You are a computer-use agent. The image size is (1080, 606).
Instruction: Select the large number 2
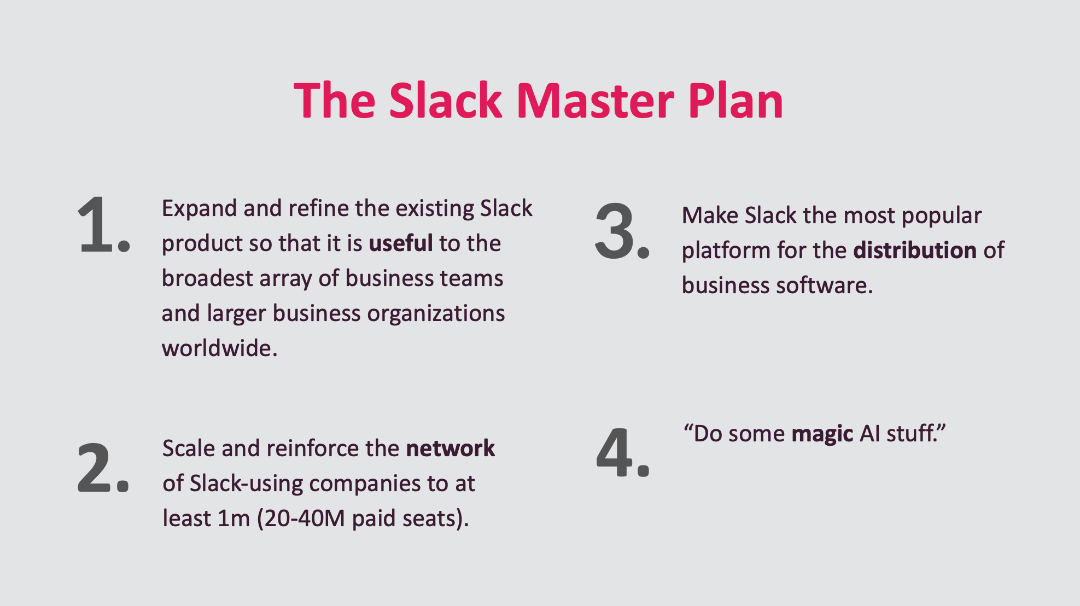96,468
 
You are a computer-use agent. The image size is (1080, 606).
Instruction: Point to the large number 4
615,453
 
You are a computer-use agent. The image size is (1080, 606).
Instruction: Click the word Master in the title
595,101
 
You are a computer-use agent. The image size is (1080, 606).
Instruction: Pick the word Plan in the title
735,101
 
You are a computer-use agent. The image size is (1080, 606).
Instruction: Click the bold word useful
401,243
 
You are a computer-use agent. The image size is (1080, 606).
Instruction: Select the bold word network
450,448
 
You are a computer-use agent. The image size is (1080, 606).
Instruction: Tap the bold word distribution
915,250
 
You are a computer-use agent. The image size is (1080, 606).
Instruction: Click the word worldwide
219,348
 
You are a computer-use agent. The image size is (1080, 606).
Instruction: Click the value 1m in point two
233,518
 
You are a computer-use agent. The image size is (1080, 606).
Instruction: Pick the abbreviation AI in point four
870,434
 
